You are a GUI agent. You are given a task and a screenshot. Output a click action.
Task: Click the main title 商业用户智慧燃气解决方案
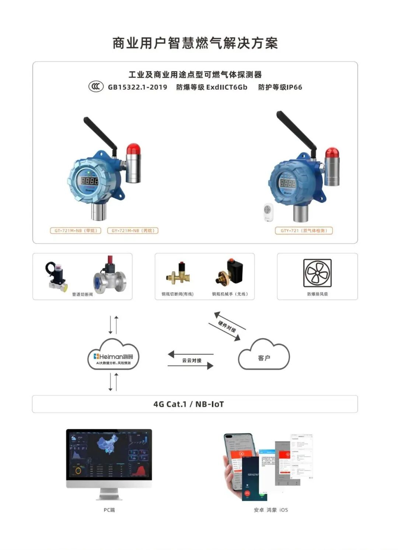click(x=195, y=43)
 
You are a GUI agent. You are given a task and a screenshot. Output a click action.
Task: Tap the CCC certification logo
click(x=96, y=87)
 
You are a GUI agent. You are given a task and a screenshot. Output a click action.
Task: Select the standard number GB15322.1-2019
click(x=137, y=87)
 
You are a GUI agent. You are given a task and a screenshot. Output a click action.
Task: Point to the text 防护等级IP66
click(x=280, y=87)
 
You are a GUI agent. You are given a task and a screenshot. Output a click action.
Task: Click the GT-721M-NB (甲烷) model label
click(x=76, y=231)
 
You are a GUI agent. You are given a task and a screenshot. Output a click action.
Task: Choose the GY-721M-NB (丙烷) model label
click(x=133, y=231)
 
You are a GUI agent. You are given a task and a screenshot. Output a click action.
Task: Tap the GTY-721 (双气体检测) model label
click(x=304, y=231)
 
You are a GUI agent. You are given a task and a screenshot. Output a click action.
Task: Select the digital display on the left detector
click(x=90, y=181)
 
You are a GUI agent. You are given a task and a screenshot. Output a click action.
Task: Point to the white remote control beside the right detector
click(x=268, y=212)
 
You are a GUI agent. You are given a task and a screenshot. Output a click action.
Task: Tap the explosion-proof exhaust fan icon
click(x=317, y=273)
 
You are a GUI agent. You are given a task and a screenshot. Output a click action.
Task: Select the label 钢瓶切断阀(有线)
click(x=177, y=294)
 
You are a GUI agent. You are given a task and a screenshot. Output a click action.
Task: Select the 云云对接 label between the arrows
click(x=192, y=360)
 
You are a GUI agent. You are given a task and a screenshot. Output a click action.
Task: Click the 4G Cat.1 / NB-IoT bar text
click(x=188, y=404)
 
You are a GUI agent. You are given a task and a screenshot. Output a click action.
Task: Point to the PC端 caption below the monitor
click(x=109, y=510)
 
